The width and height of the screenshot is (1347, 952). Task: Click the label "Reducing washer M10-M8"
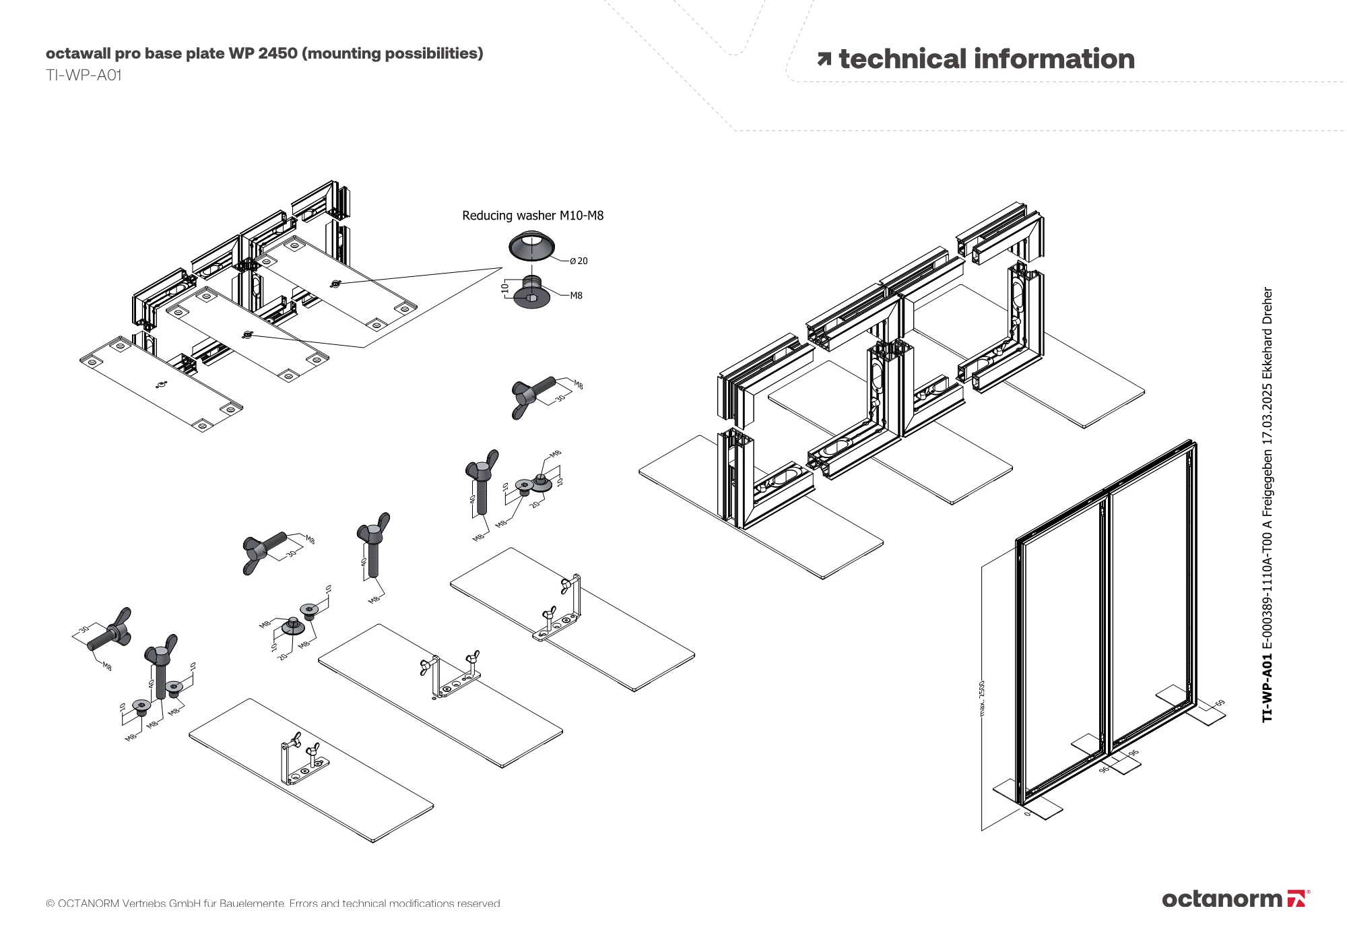pos(532,216)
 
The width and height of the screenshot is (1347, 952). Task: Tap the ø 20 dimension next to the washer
pos(579,261)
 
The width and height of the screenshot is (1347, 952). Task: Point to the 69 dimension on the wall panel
pos(1220,703)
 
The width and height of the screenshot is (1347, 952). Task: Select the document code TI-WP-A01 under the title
pos(84,75)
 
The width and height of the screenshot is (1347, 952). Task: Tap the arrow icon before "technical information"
pos(824,60)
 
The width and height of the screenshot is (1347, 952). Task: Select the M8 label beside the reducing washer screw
pos(576,296)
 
